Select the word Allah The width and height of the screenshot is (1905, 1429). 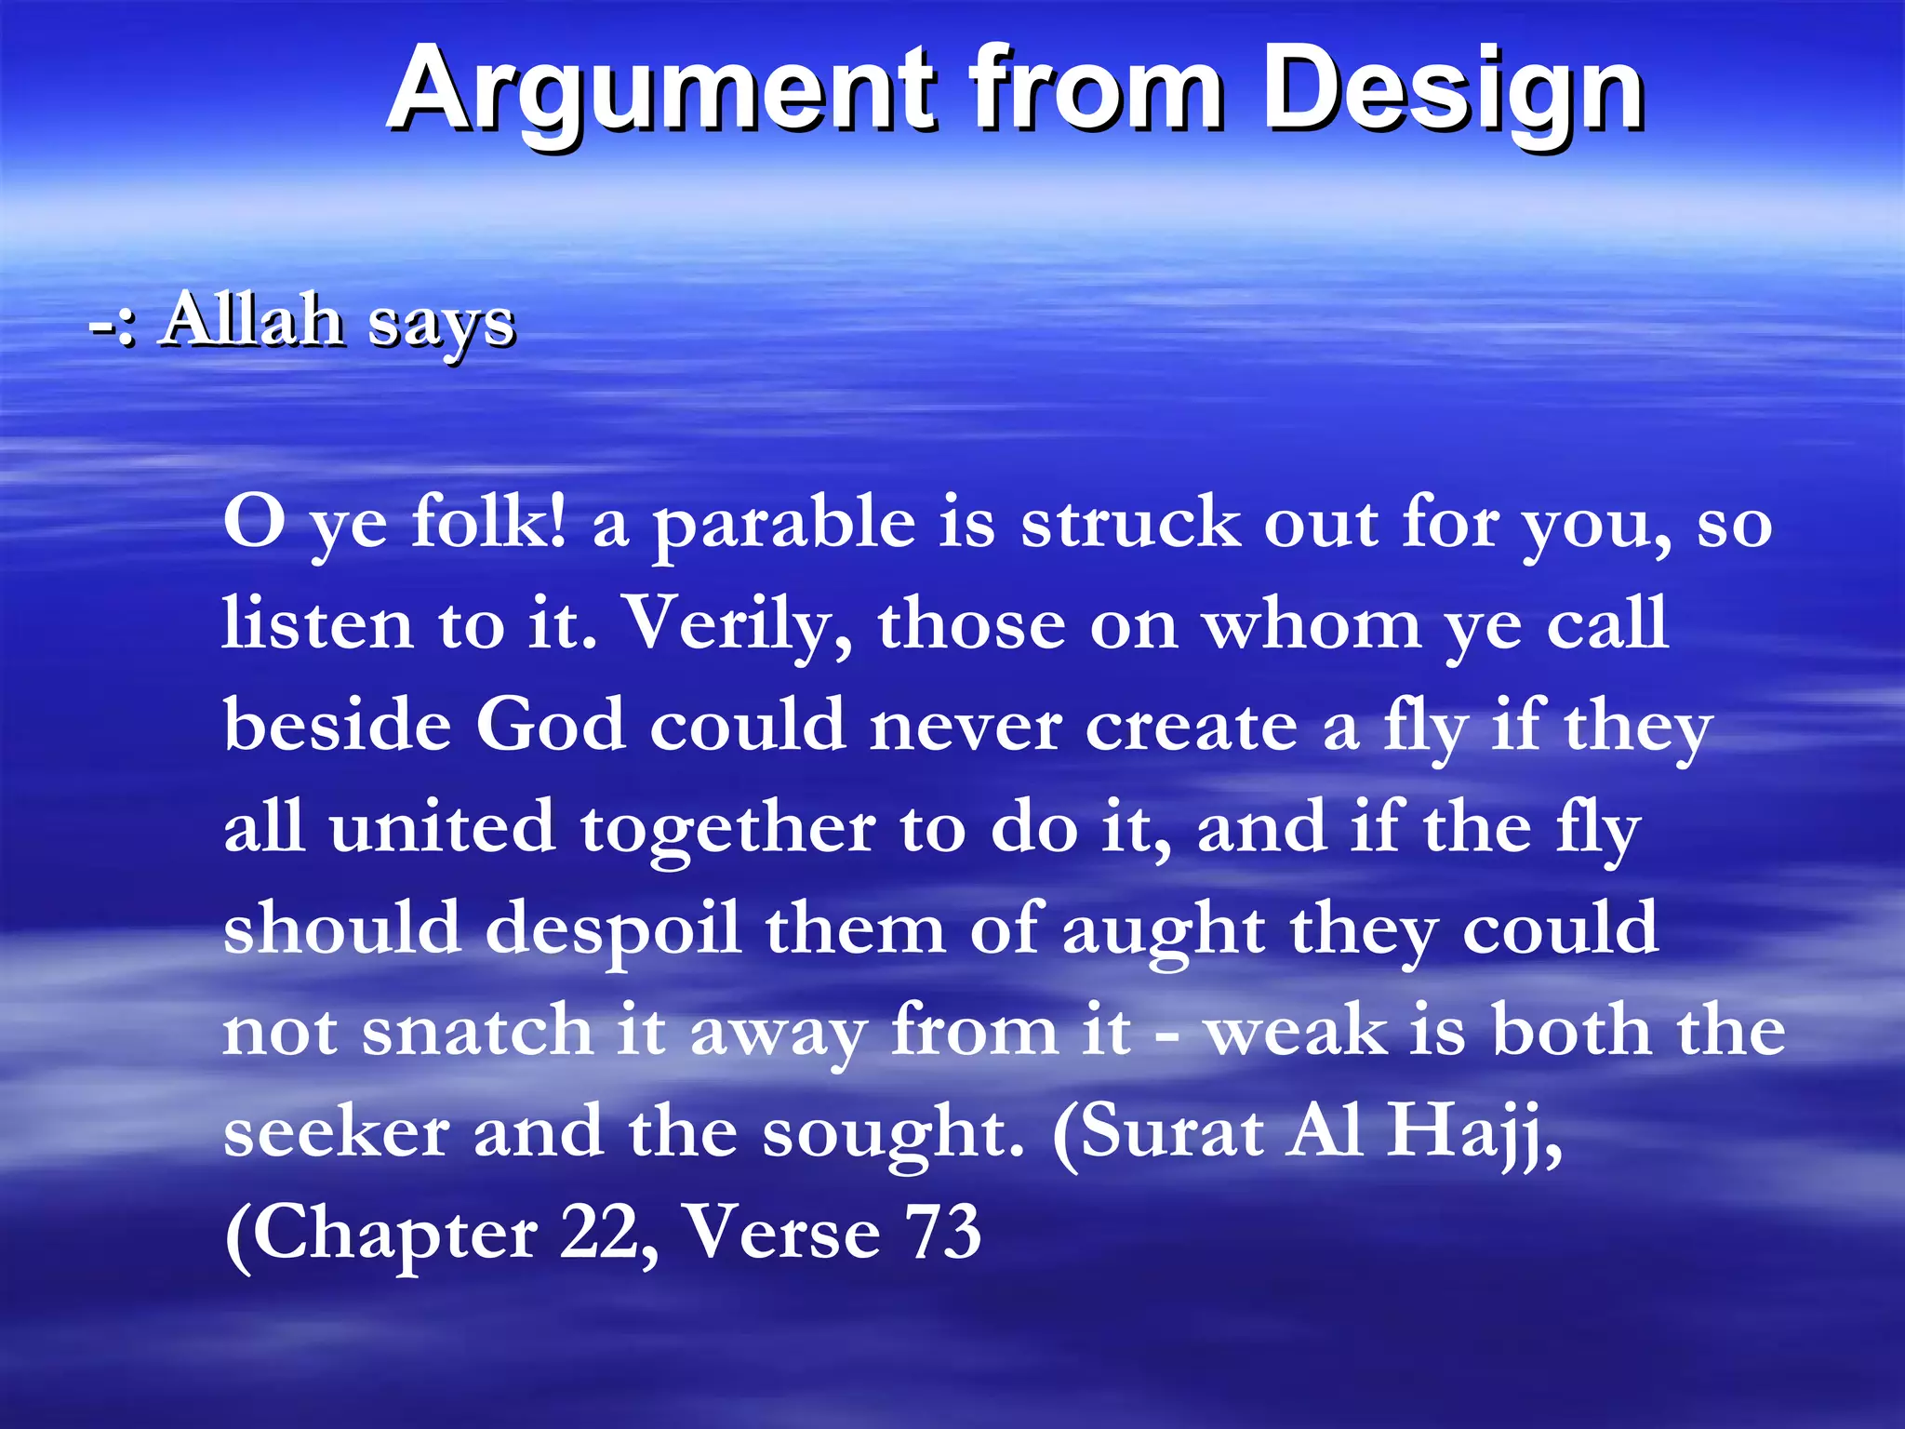point(251,321)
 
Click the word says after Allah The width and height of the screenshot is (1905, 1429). point(441,325)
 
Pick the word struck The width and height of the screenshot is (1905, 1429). point(1130,523)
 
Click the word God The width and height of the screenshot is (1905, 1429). point(551,726)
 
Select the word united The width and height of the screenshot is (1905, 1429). point(442,828)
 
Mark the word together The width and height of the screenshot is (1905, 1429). point(728,830)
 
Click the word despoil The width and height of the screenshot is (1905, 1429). point(613,930)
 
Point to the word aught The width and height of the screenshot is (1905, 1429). point(1164,932)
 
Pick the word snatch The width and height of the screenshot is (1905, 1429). point(477,1031)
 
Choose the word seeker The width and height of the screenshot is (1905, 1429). point(337,1132)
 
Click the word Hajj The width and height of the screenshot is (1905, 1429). point(1472,1134)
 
